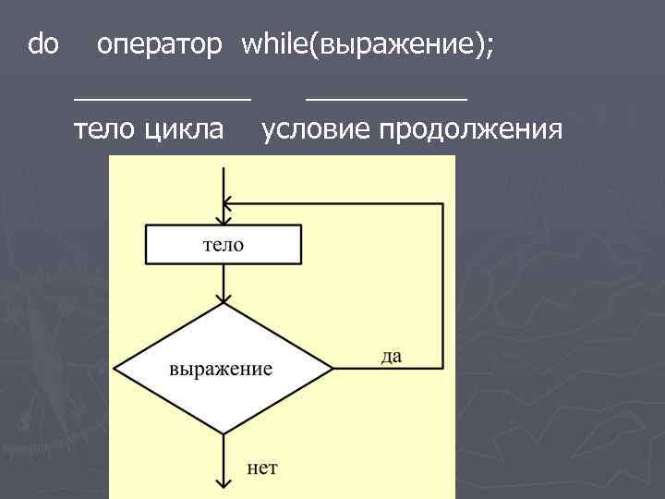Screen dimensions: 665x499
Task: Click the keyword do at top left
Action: [x=43, y=43]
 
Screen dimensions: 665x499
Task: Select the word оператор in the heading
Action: [x=159, y=44]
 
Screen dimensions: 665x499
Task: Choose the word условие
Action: [x=313, y=129]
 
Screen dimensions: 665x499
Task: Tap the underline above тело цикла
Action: [x=163, y=94]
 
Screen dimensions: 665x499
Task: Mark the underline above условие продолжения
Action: [x=386, y=94]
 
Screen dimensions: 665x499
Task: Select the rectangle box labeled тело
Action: [x=224, y=245]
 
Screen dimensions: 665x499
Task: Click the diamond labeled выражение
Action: [x=222, y=368]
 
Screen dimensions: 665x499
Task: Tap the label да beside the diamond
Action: [x=391, y=356]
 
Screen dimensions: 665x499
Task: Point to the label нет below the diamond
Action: [x=261, y=468]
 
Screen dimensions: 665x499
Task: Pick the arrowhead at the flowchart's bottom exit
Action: [x=223, y=483]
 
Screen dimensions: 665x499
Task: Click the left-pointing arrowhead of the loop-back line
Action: [x=230, y=204]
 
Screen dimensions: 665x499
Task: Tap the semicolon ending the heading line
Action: [x=489, y=44]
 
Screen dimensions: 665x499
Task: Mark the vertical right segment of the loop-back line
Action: [x=442, y=286]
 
